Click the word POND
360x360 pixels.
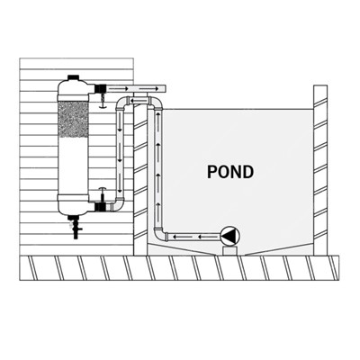tap(230, 172)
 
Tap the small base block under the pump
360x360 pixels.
tap(230, 251)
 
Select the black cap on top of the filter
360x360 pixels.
tap(73, 77)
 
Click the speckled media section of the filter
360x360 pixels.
tap(73, 119)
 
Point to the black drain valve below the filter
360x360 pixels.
tap(74, 227)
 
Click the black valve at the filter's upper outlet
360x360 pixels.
tap(100, 89)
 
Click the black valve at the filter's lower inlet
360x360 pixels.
tap(100, 207)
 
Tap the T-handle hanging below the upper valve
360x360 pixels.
tap(103, 101)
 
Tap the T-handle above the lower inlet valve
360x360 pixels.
tap(103, 193)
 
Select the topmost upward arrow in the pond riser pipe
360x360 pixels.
tap(157, 116)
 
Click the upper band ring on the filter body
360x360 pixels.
tap(73, 98)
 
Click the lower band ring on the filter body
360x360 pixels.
tap(73, 198)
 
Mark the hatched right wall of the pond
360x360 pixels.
tap(320, 170)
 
